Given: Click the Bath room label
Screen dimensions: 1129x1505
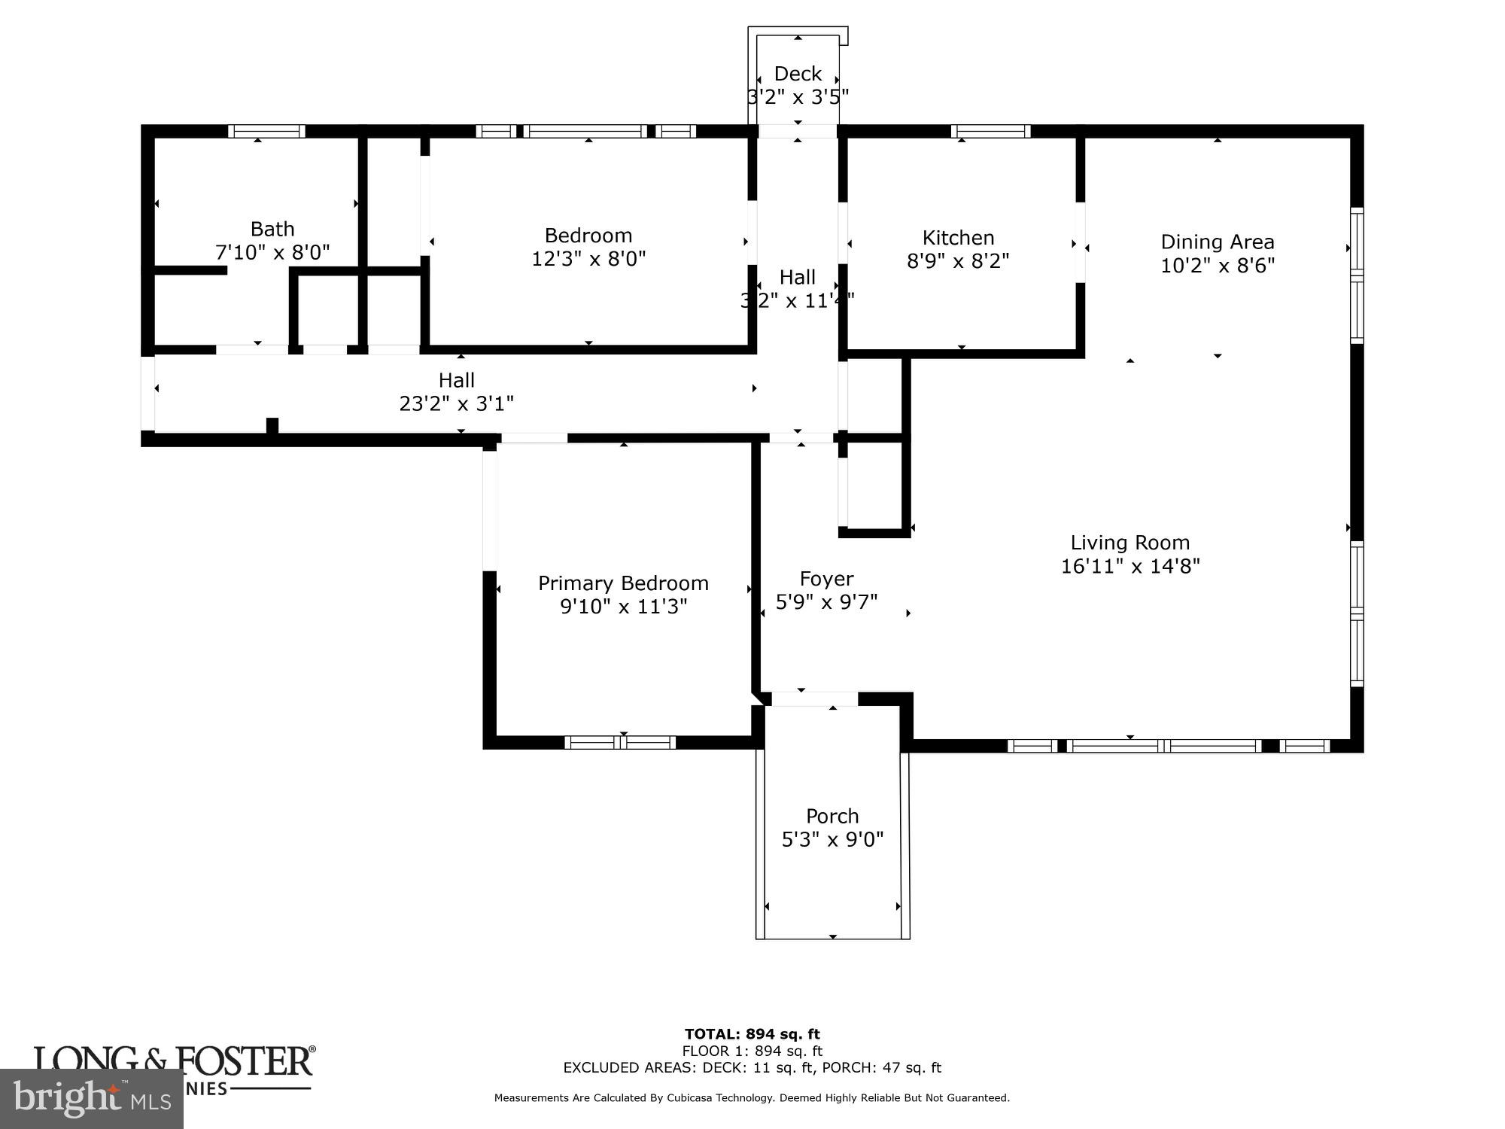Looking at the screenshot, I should (x=272, y=229).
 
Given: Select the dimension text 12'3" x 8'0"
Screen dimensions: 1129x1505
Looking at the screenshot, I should (x=588, y=259).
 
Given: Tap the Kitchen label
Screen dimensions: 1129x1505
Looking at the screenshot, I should (x=958, y=238).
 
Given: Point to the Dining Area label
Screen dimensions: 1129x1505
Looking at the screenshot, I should (x=1217, y=242).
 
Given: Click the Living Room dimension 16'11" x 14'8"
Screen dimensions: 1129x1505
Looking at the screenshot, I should (x=1130, y=566).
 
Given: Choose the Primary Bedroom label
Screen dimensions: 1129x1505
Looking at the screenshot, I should (x=623, y=583).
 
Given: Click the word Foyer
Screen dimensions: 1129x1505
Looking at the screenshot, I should (x=826, y=579).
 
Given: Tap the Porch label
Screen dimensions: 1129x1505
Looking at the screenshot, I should (x=832, y=816).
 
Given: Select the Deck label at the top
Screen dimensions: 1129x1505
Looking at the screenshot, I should (x=798, y=74).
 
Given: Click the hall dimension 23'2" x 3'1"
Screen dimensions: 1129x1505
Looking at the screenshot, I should (x=456, y=404).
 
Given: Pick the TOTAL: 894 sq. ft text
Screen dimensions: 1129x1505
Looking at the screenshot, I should (x=752, y=1034).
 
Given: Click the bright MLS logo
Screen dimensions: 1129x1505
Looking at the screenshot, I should (x=91, y=1099).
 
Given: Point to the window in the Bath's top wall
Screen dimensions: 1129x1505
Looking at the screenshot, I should (x=266, y=131).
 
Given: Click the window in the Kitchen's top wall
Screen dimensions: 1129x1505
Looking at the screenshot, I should (x=990, y=131).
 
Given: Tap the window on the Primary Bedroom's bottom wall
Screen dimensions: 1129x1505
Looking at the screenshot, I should (x=620, y=743).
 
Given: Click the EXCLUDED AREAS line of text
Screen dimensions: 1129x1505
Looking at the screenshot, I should (x=752, y=1067).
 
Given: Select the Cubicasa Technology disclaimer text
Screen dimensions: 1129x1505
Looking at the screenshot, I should (x=752, y=1098).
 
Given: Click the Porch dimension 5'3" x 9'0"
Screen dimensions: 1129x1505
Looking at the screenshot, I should (x=832, y=840).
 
